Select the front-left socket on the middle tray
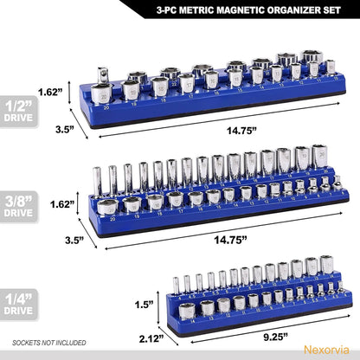[x=108, y=205]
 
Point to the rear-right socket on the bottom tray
[x=325, y=264]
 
